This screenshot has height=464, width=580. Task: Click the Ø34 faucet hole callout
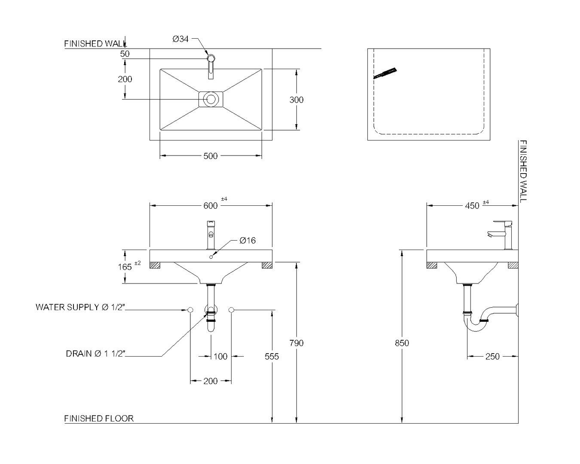pos(180,39)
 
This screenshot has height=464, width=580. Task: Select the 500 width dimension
pos(211,156)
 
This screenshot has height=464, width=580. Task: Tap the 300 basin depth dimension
pos(296,100)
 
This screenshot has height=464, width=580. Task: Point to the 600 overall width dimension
pos(211,206)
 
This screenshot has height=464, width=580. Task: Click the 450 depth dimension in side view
pos(472,206)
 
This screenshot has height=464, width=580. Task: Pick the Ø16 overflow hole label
pos(247,240)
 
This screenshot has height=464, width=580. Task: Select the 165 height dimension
pos(125,267)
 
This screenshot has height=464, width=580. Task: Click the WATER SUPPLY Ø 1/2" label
pos(80,307)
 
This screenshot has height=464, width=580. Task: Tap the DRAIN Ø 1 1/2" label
pos(96,354)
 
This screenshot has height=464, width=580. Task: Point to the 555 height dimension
pos(272,357)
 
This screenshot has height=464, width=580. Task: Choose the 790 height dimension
pos(296,343)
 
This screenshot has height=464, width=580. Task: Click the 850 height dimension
pos(402,343)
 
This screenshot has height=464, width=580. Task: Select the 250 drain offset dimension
pos(492,357)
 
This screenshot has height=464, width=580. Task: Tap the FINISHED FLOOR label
pos(99,418)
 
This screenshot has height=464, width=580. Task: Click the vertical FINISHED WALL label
pos(523,171)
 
